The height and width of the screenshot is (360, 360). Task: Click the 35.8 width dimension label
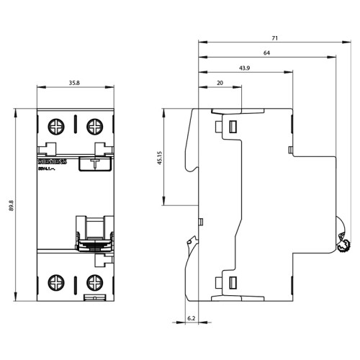click(74, 83)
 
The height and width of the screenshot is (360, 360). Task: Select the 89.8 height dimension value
click(12, 204)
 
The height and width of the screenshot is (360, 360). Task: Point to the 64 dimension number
click(267, 53)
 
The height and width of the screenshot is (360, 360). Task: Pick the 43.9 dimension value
click(245, 70)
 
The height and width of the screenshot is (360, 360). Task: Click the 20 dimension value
click(220, 84)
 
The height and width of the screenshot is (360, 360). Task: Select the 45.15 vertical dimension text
click(161, 157)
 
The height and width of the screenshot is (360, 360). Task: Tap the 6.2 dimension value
click(191, 318)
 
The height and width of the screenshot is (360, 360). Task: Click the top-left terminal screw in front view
click(55, 127)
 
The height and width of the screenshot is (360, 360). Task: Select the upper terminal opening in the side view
click(233, 127)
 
